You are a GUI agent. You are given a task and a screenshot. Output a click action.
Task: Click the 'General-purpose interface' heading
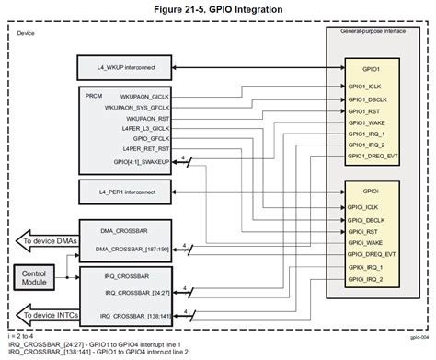pyautogui.click(x=371, y=32)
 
